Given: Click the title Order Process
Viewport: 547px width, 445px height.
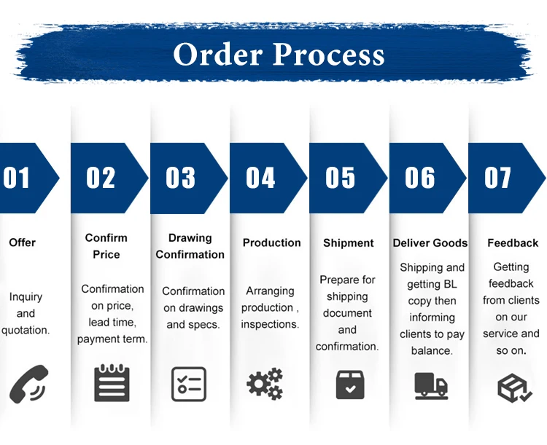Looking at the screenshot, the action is tap(279, 54).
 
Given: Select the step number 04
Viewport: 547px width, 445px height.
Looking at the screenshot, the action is tap(260, 178).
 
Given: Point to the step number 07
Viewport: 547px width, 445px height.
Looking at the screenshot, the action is tap(498, 178).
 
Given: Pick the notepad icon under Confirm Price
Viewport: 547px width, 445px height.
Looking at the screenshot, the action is tap(112, 384).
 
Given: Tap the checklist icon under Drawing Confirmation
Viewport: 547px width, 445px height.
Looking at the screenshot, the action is tap(189, 384).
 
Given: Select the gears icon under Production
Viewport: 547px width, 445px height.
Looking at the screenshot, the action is tap(265, 384).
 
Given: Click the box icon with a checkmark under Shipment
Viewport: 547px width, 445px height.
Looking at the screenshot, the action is tap(350, 384).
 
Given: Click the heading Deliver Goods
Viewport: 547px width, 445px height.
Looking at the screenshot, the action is tap(430, 243).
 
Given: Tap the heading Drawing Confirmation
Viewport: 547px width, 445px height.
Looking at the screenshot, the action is tap(190, 246).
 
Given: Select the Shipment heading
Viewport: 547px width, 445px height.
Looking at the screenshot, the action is tap(349, 243).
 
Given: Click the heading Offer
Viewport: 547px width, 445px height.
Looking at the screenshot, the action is tap(22, 243).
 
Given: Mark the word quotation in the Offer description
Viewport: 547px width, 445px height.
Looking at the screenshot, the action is tap(26, 330).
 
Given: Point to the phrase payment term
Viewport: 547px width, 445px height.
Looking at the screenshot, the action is tap(112, 339).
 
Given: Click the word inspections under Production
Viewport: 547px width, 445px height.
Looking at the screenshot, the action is tap(270, 324).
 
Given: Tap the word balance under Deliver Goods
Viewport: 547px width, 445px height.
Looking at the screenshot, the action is tap(431, 351).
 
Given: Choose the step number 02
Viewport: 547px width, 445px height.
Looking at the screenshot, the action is tap(101, 178).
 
